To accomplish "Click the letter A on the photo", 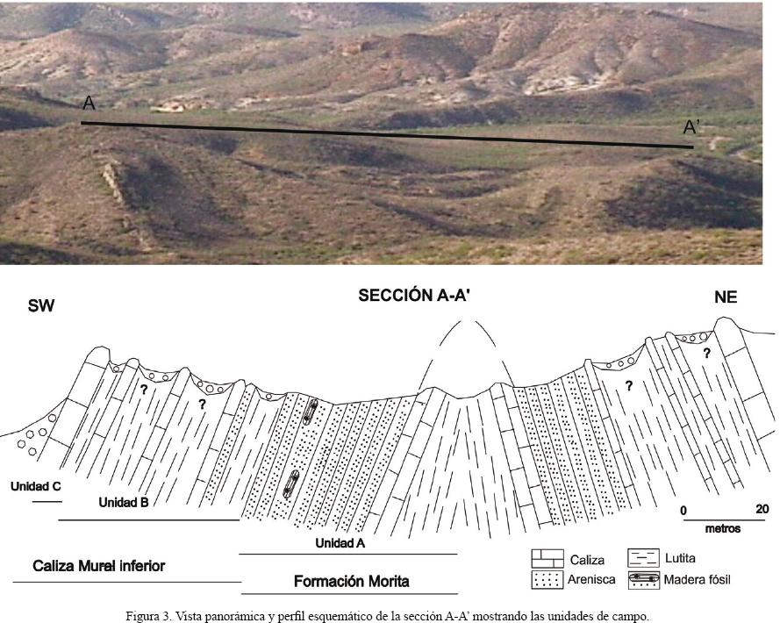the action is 89,104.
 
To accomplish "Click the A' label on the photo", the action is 692,128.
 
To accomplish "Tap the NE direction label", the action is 725,298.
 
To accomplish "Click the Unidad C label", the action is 35,485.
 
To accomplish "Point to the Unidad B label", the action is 123,503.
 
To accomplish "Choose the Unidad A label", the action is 340,543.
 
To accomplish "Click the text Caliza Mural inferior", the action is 98,566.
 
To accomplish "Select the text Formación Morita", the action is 351,581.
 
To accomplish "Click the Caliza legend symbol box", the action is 547,559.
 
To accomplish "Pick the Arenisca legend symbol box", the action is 547,579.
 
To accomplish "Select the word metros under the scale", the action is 723,529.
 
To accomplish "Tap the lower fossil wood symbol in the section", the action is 293,484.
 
